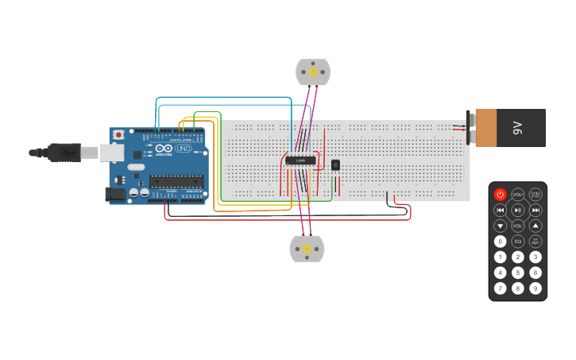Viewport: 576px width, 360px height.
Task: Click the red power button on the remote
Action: click(500, 194)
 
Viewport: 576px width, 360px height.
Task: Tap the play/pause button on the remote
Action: click(518, 210)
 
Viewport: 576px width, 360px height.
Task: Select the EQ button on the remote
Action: click(518, 241)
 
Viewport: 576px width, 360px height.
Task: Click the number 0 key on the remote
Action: click(500, 241)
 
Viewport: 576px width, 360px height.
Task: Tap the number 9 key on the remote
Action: click(535, 288)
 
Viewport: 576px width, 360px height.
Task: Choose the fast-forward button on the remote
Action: click(535, 210)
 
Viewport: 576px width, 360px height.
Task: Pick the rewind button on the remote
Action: click(500, 210)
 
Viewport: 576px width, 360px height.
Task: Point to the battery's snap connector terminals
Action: click(469, 127)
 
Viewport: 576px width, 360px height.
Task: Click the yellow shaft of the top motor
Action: click(313, 72)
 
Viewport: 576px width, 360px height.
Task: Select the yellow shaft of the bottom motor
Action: click(307, 249)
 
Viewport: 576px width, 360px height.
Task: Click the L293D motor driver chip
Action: click(300, 161)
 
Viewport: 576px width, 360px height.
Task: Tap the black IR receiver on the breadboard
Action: click(335, 165)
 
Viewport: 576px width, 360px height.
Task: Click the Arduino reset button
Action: click(118, 134)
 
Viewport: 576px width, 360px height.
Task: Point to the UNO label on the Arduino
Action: click(183, 149)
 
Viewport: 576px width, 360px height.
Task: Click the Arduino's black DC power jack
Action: click(116, 193)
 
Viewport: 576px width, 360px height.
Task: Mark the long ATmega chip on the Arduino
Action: click(176, 181)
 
